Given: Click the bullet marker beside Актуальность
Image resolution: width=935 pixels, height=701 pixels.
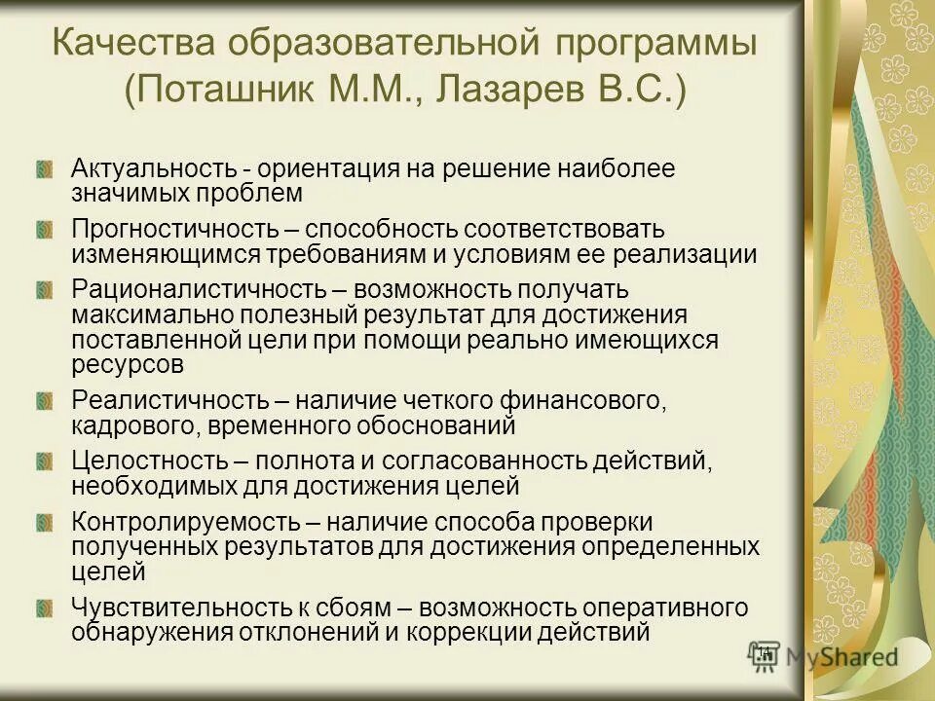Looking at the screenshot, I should point(46,170).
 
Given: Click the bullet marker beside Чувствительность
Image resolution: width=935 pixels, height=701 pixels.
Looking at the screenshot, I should point(46,609).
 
